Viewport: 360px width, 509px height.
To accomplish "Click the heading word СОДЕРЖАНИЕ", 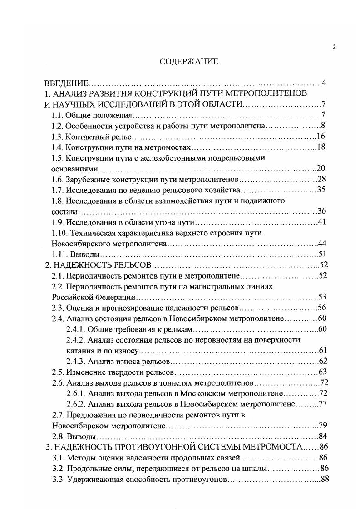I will click(x=189, y=62).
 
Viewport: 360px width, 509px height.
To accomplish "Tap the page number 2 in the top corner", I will click(x=334, y=47).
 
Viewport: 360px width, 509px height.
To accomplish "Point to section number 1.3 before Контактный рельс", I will click(x=57, y=137).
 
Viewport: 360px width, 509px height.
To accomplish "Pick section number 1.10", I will click(x=59, y=233).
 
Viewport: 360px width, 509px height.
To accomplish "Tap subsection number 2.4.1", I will click(x=74, y=329).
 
